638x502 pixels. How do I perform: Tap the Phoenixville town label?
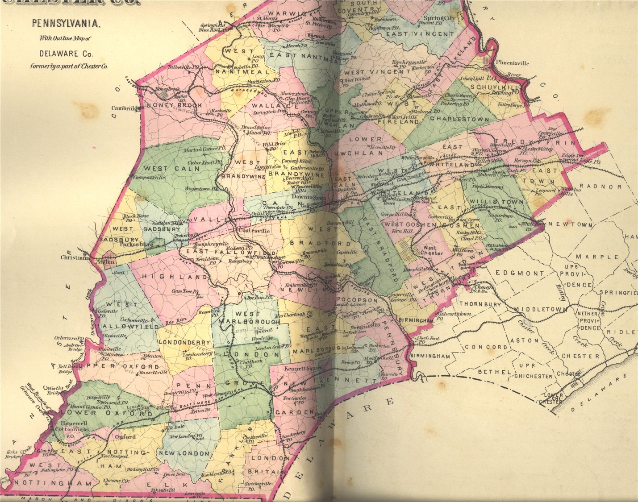[x=512, y=63]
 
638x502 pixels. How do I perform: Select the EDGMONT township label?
[x=521, y=273]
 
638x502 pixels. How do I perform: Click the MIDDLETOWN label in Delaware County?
[x=540, y=309]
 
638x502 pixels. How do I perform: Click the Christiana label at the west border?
[x=75, y=258]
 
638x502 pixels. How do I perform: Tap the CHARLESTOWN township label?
[x=460, y=120]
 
